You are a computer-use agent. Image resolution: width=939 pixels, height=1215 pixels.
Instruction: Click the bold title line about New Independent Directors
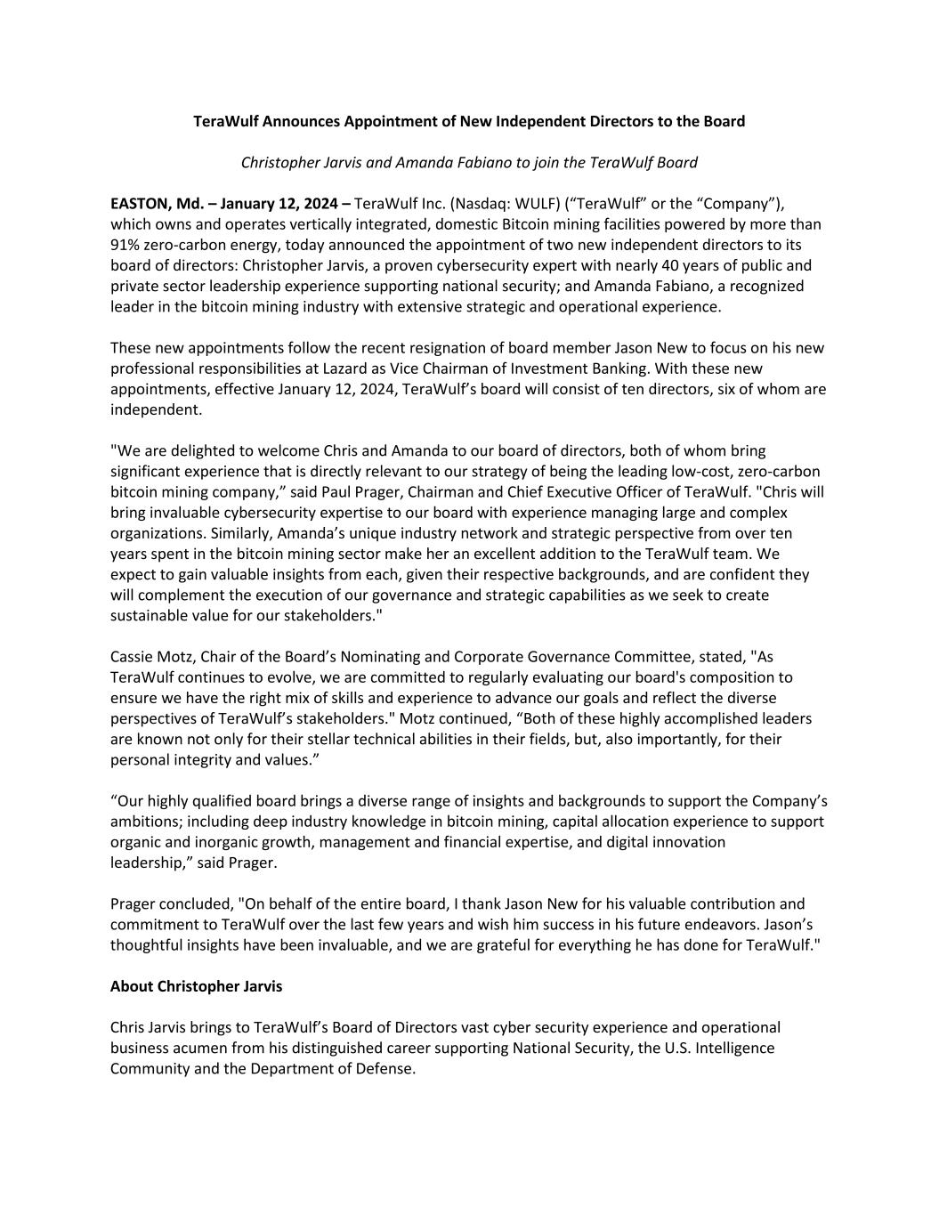[469, 121]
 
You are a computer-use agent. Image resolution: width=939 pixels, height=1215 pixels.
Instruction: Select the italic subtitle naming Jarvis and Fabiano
[469, 163]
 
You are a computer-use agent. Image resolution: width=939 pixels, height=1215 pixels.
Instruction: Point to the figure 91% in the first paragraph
[126, 245]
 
